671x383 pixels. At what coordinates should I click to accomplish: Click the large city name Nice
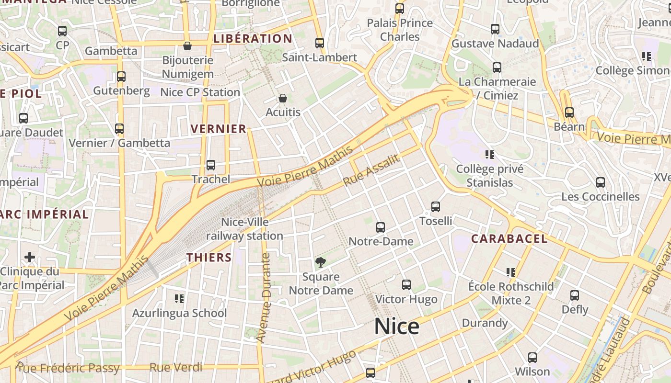(x=396, y=327)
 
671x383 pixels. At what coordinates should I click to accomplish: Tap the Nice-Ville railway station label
(x=244, y=229)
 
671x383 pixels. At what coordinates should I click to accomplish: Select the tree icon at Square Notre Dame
(x=320, y=262)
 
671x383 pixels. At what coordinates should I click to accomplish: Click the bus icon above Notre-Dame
(x=381, y=227)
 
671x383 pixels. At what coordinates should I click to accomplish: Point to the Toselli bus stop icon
(x=435, y=207)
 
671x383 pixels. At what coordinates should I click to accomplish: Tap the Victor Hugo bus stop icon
(x=406, y=285)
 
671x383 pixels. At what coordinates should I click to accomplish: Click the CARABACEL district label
(x=509, y=238)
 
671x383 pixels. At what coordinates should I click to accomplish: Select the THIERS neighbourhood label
(x=209, y=257)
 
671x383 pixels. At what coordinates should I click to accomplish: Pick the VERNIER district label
(x=219, y=129)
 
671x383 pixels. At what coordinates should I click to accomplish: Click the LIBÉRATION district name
(x=253, y=39)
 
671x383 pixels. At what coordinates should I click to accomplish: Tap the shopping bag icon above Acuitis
(x=283, y=98)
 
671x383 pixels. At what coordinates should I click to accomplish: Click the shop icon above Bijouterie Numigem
(x=187, y=46)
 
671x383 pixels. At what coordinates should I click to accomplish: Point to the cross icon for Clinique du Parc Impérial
(x=30, y=257)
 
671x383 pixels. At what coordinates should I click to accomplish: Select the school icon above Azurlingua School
(x=179, y=299)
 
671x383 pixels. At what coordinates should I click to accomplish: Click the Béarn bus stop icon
(x=569, y=113)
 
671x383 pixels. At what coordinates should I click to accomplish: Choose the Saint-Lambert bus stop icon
(x=320, y=43)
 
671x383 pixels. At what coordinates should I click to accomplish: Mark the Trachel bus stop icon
(x=210, y=165)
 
